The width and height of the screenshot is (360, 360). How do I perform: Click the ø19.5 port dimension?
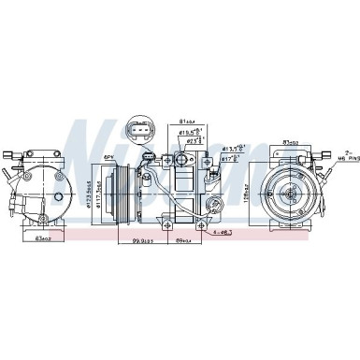coord(194,134)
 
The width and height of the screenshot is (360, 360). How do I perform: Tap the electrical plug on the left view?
coord(8,158)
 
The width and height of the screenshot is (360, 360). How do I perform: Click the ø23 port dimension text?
coord(197,143)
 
